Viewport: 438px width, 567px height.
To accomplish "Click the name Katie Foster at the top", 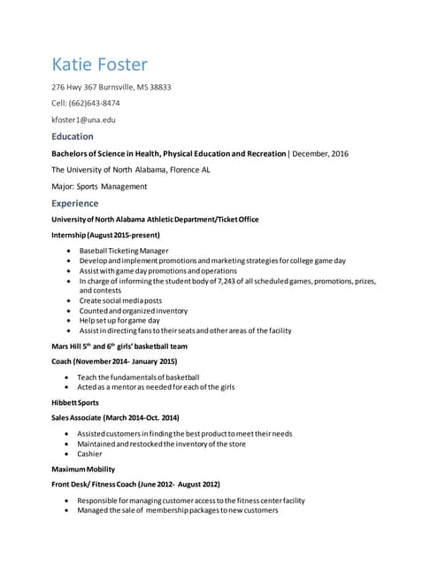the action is (100, 65).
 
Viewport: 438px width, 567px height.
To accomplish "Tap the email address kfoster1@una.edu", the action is (83, 119).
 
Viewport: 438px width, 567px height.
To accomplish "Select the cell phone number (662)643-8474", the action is (94, 103).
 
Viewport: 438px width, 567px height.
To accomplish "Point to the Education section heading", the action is (73, 136).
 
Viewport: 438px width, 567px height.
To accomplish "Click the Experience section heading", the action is (75, 203).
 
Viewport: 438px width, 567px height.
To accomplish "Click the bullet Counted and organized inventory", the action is (134, 311).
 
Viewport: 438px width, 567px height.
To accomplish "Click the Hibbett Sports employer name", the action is (74, 402).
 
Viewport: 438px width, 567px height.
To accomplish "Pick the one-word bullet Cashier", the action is (91, 453).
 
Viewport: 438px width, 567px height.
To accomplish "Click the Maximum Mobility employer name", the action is (83, 469).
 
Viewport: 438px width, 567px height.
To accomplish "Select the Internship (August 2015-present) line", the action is (105, 236).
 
